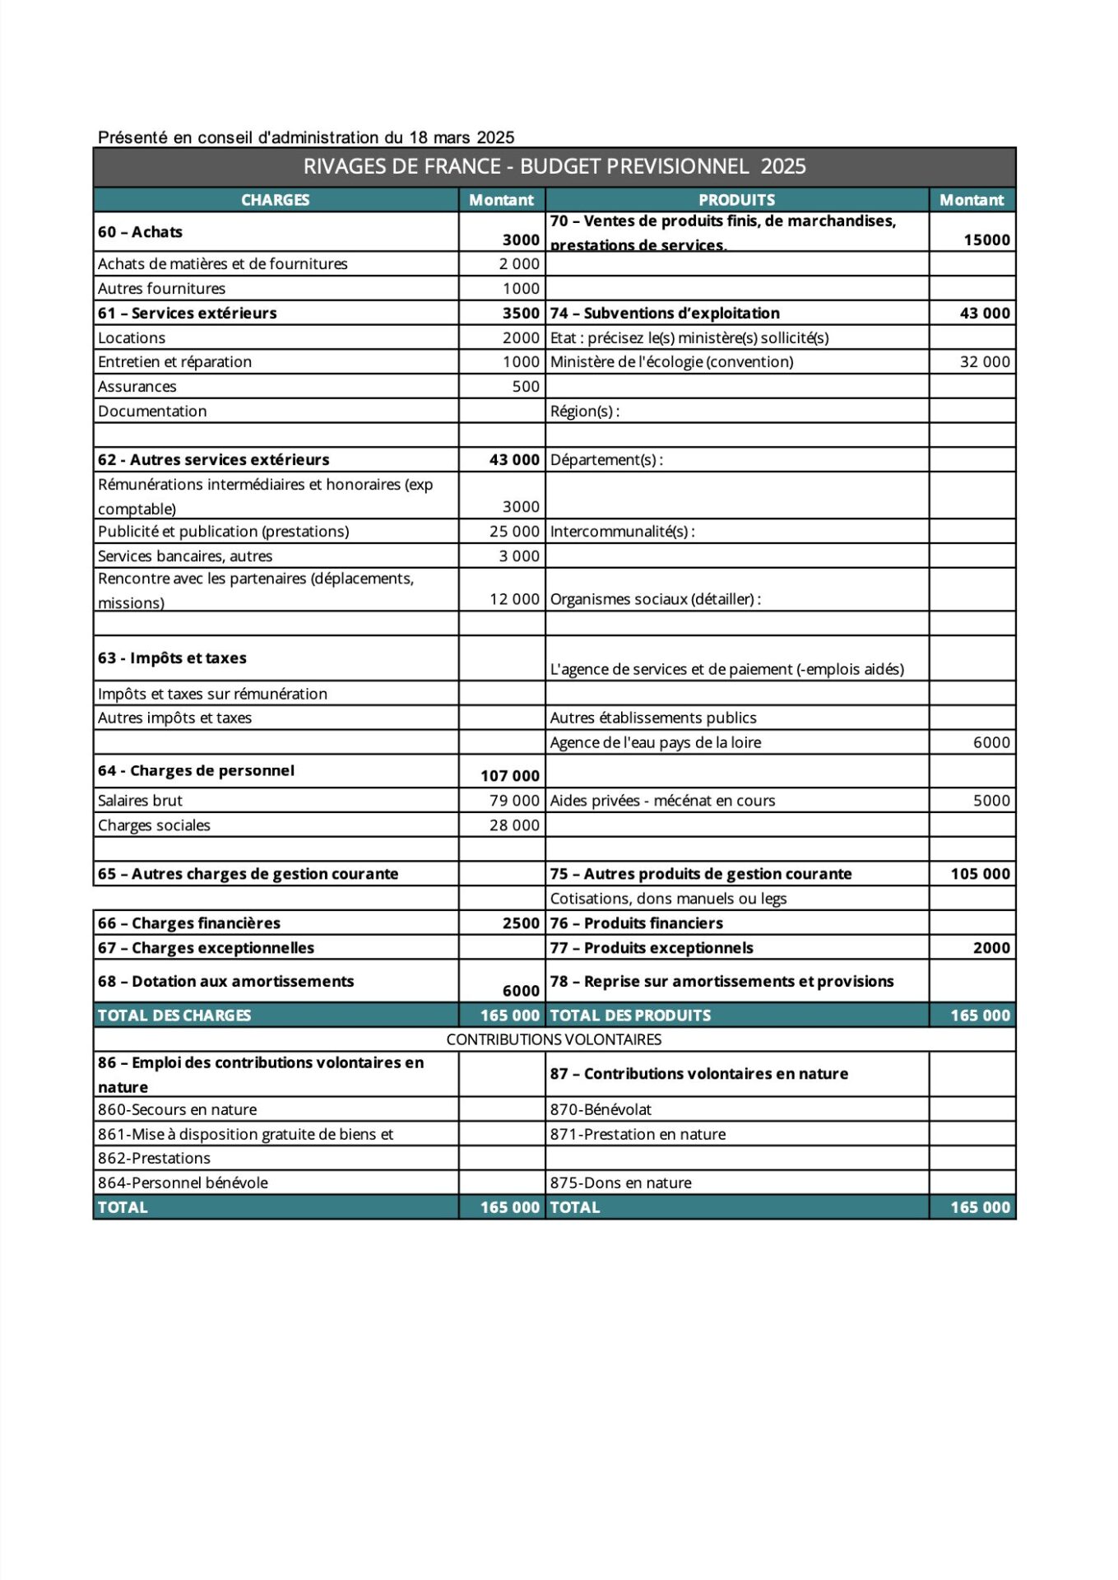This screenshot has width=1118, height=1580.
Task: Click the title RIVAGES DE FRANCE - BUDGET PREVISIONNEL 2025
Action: pyautogui.click(x=554, y=166)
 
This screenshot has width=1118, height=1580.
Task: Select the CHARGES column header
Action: pyautogui.click(x=275, y=200)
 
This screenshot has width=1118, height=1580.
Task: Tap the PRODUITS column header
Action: pyautogui.click(x=736, y=200)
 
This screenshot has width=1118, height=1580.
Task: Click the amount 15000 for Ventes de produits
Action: pyautogui.click(x=986, y=239)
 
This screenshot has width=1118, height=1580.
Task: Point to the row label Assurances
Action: pyautogui.click(x=137, y=387)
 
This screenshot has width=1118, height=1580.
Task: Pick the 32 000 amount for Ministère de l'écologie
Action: pyautogui.click(x=985, y=362)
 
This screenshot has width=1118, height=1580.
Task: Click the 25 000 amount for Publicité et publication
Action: pyautogui.click(x=514, y=532)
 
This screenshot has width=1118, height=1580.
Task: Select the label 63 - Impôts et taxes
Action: pyautogui.click(x=172, y=658)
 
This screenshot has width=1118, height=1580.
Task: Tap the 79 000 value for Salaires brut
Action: pyautogui.click(x=514, y=801)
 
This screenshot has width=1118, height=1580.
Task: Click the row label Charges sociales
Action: pyautogui.click(x=154, y=825)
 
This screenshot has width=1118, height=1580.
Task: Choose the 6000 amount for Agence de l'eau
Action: pyautogui.click(x=991, y=742)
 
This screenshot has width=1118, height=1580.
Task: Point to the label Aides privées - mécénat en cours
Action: pyautogui.click(x=662, y=801)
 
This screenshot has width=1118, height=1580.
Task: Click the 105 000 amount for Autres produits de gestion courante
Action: pyautogui.click(x=980, y=874)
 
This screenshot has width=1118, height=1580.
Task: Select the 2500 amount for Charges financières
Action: pyautogui.click(x=521, y=923)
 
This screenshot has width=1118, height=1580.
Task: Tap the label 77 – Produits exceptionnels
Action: pyautogui.click(x=652, y=948)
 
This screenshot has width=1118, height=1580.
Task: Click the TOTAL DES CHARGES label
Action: pyautogui.click(x=174, y=1015)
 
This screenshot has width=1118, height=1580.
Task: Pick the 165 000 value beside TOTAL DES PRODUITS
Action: pyautogui.click(x=980, y=1015)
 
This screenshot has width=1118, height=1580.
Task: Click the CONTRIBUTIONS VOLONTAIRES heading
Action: pyautogui.click(x=554, y=1039)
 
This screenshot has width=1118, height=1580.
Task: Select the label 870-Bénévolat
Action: pyautogui.click(x=601, y=1109)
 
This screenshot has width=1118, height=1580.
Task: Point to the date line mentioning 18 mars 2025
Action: pyautogui.click(x=306, y=137)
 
